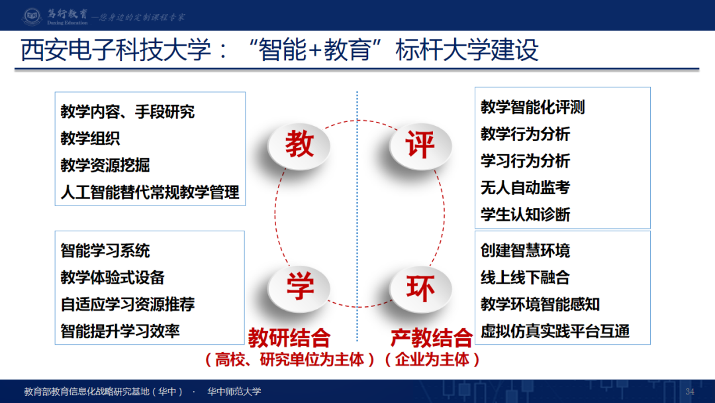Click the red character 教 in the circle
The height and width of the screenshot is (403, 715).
pos(299,144)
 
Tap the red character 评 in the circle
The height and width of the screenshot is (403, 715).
pos(420,144)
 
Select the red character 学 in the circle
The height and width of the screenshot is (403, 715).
pos(299,287)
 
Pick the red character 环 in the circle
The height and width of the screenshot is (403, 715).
pos(420,287)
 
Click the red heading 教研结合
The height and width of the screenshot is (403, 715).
pos(289,338)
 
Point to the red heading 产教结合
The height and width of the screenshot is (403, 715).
pos(432,338)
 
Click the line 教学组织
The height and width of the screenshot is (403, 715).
pos(90,139)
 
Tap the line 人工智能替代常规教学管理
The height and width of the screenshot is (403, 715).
pos(150,193)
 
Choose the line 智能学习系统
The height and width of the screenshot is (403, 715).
pos(105,251)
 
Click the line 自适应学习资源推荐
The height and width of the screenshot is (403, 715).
pos(127,305)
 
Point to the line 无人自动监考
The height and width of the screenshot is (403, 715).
pos(525,188)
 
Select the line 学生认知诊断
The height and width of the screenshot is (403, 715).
pos(525,215)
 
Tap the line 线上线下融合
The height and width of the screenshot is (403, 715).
pos(525,278)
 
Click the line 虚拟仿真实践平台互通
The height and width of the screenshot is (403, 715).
pos(555,331)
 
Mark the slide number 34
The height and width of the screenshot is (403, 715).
pos(690,392)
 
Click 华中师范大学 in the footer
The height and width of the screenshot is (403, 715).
pos(234,392)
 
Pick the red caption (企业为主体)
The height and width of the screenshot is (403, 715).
pos(432,360)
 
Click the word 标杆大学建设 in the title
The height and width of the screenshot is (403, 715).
pos(467,51)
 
